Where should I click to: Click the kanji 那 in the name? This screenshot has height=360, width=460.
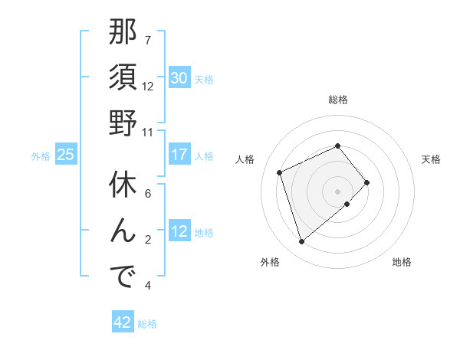coord(123,34)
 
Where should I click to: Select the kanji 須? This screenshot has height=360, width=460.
coord(123,78)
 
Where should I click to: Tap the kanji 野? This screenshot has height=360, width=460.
coord(123,123)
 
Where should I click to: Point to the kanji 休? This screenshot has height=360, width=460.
coord(123,187)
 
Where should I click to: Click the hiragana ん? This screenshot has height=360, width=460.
coord(123,231)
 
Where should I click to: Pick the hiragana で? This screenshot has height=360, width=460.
coord(123,277)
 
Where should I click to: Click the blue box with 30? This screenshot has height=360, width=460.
coord(179,78)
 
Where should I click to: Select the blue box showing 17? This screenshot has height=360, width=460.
coord(179,155)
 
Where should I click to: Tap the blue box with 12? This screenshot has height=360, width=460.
coord(179,232)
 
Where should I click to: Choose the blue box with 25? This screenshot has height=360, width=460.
coord(66,155)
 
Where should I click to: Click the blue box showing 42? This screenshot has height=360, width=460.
coord(123,322)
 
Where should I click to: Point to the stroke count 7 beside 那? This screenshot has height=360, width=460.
coord(148,40)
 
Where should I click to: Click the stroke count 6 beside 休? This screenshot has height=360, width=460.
coord(148,194)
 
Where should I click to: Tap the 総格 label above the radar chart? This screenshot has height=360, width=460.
coord(338,100)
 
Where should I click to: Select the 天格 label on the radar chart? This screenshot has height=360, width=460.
coord(431,159)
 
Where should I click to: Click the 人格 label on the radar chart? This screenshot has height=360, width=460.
coord(245,159)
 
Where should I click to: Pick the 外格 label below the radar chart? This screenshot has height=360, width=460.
coord(270,263)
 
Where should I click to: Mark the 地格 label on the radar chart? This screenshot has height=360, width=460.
coord(402,263)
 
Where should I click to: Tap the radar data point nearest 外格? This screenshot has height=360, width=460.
coord(302,242)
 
